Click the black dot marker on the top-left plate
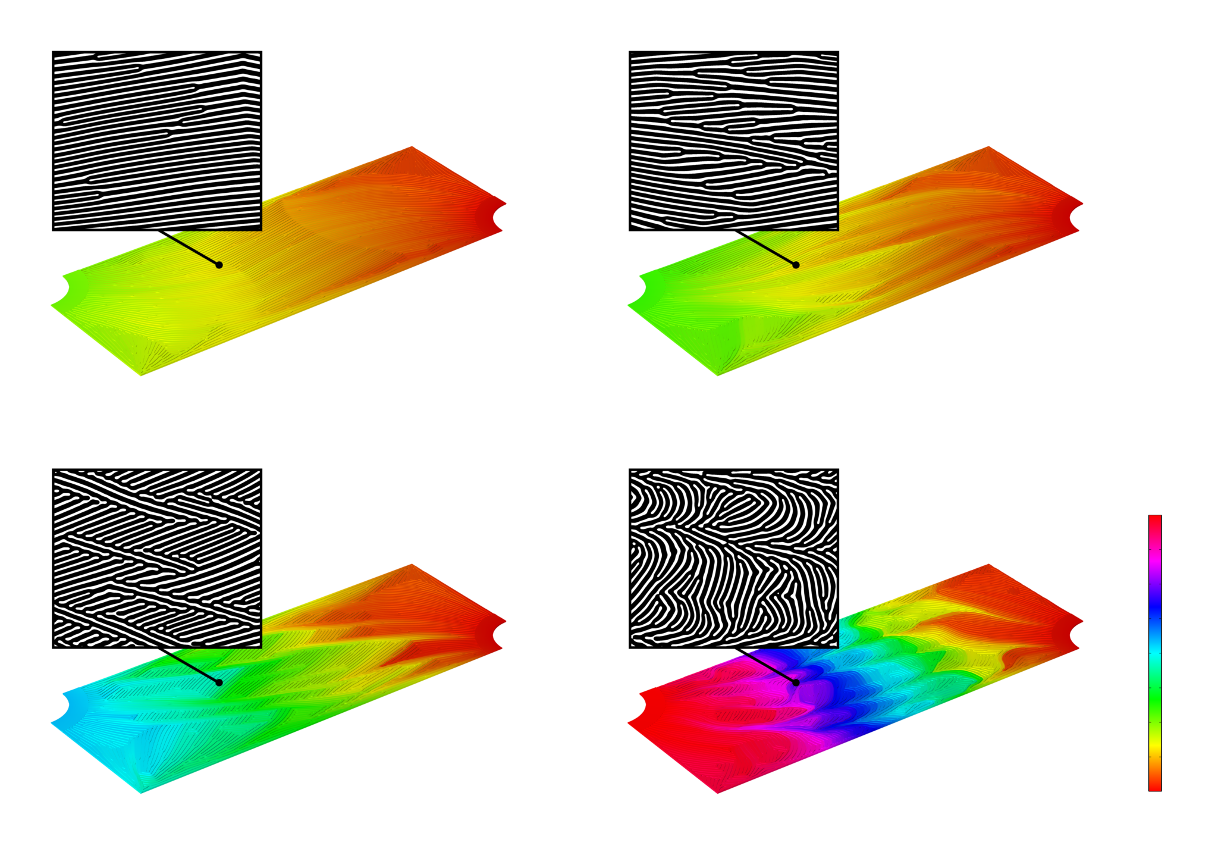[x=219, y=265]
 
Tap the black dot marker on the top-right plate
[x=796, y=265]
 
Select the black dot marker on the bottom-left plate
[x=219, y=682]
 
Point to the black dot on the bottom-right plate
[x=796, y=682]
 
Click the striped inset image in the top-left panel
[x=157, y=141]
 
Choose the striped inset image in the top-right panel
[x=734, y=141]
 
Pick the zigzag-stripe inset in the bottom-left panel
[x=157, y=559]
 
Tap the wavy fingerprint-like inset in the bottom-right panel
[x=734, y=559]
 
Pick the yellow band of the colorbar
[x=1154, y=744]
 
